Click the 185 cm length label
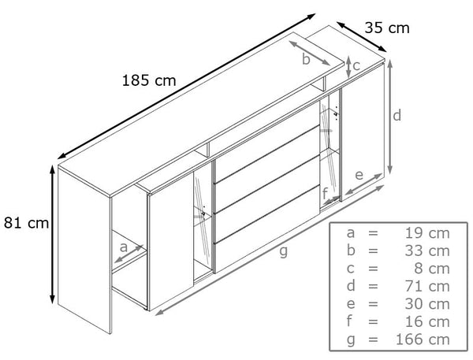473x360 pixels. pos(149,80)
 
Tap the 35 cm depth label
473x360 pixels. pos(387,28)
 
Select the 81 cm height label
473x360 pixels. pos(26,223)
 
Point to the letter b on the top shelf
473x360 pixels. pos(306,59)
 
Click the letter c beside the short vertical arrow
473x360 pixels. pos(356,65)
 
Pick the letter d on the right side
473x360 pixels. pos(397,115)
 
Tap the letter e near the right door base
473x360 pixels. pos(359,175)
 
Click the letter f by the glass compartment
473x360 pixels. pos(325,194)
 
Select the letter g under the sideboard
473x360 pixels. pos(283,251)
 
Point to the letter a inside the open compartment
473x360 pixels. pos(124,247)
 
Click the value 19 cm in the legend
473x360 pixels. pos(427,233)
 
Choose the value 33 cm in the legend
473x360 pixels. pos(427,251)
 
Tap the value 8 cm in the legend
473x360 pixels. pos(432,269)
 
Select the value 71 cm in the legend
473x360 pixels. pos(427,287)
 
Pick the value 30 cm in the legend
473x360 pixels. pos(427,304)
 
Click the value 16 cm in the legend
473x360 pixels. pos(427,321)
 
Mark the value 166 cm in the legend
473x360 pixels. pos(423,340)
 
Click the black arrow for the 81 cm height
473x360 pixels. pos(52,234)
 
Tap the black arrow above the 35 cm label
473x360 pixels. pos(361,37)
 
